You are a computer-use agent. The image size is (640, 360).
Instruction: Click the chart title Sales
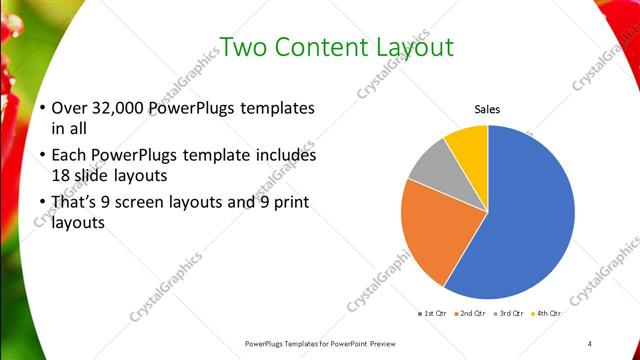point(487,109)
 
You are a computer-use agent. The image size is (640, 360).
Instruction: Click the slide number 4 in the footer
point(590,343)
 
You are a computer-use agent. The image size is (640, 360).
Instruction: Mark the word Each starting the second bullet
point(68,156)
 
